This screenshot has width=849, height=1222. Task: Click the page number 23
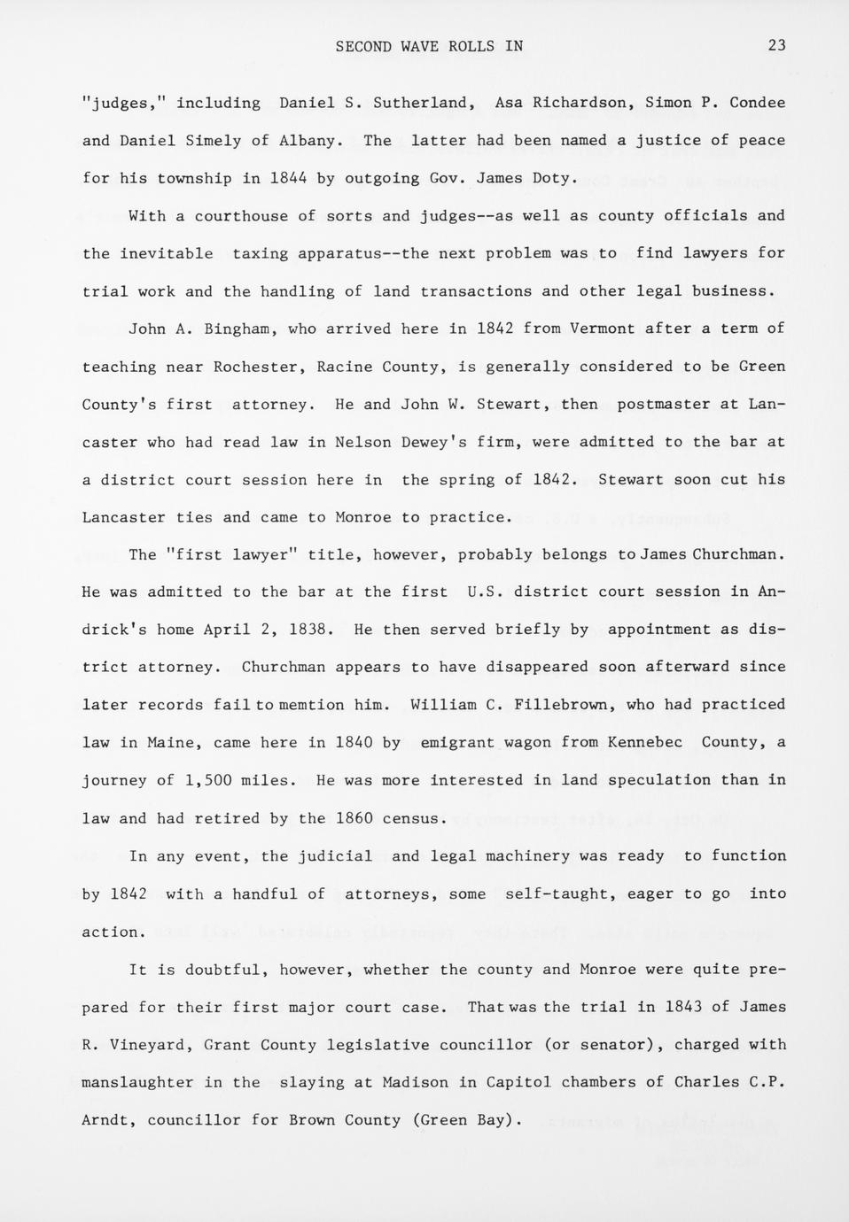tap(776, 46)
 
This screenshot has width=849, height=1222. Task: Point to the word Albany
tap(307, 141)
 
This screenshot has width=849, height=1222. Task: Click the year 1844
tap(288, 178)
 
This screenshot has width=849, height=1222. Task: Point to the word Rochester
tap(255, 367)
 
